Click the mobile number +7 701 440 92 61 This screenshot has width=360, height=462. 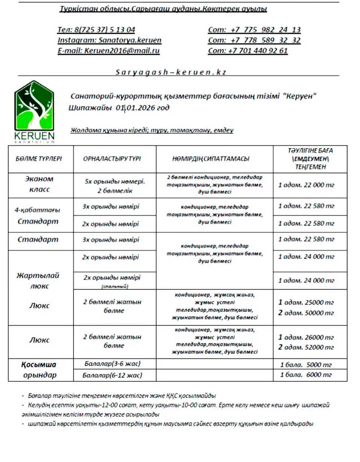click(258, 50)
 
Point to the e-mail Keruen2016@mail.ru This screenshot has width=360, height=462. click(122, 50)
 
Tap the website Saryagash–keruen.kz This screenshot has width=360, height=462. click(171, 72)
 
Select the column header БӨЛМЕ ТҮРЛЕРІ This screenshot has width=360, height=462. click(39, 159)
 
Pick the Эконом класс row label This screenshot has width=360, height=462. click(39, 184)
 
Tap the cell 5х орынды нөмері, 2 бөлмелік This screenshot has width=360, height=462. click(115, 186)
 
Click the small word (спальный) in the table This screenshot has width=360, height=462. click(115, 287)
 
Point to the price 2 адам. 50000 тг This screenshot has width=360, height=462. click(306, 313)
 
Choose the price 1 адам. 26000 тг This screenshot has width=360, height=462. click(306, 337)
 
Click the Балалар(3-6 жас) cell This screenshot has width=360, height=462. click(115, 364)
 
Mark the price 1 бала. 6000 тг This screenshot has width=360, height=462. click(306, 375)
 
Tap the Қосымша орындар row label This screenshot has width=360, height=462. click(39, 370)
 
